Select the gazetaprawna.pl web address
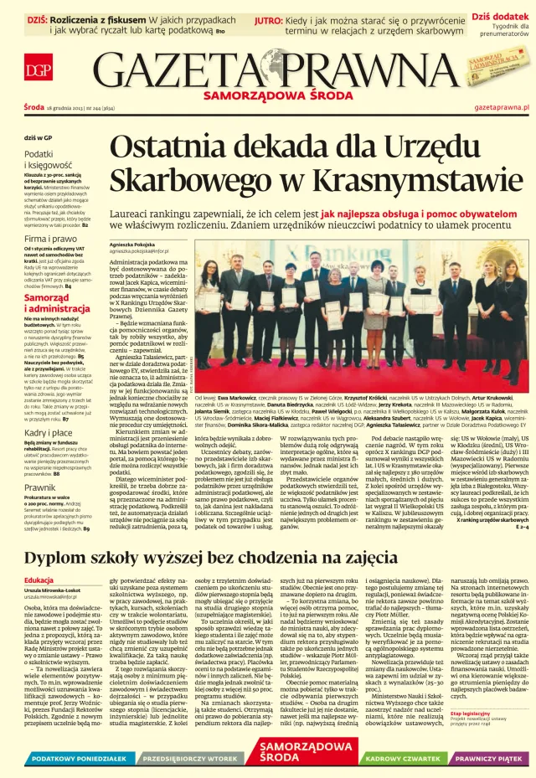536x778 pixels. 502,108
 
